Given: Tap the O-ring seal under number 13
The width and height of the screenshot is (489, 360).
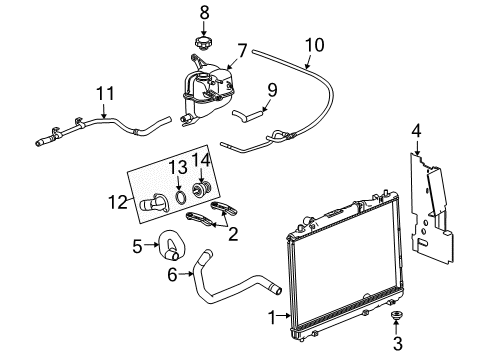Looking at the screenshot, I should coord(178,197).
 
